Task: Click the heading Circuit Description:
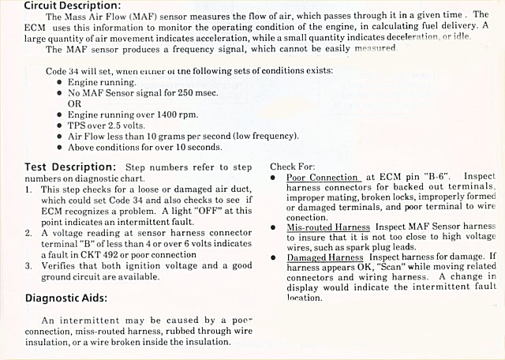(x=60, y=5)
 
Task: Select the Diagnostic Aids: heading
(x=66, y=298)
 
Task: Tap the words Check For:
(x=293, y=167)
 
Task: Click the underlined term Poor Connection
(x=322, y=178)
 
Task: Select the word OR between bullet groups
(x=75, y=103)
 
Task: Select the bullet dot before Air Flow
(x=60, y=136)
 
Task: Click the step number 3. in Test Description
(x=28, y=266)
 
